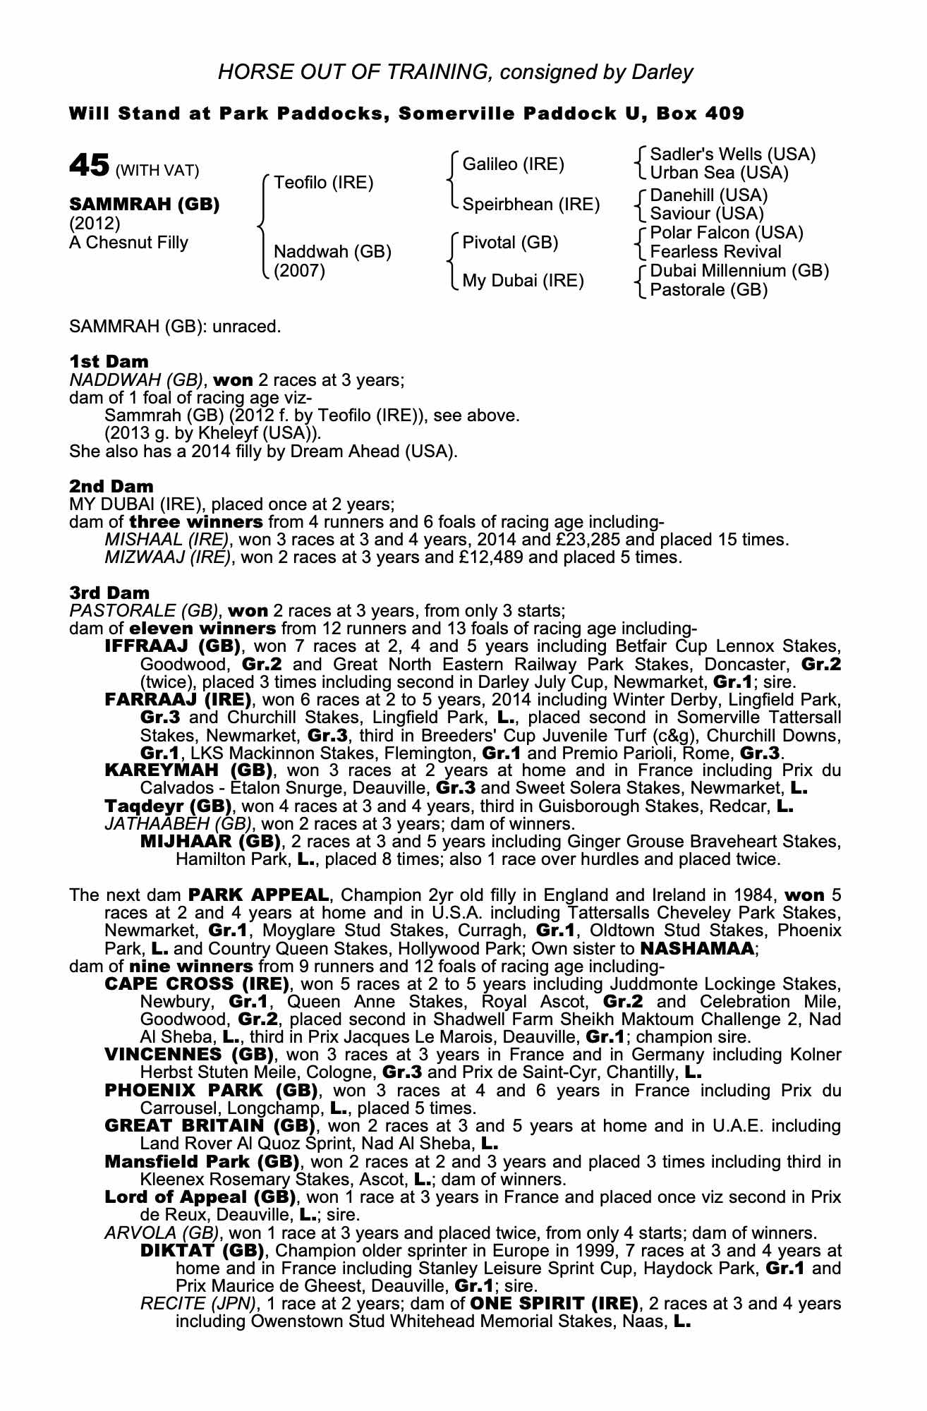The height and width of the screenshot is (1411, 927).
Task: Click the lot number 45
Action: [89, 166]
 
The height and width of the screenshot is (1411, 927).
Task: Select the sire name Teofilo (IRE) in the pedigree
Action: [323, 183]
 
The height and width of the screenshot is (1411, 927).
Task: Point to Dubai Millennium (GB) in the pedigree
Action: [739, 271]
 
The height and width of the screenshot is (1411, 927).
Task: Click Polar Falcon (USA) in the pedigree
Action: [727, 233]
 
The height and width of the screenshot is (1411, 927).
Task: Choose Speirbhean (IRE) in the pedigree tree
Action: [531, 205]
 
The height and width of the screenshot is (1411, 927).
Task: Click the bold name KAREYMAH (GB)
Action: [190, 770]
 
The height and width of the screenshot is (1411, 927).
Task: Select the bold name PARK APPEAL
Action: [259, 895]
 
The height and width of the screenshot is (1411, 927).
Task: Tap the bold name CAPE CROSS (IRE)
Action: [197, 983]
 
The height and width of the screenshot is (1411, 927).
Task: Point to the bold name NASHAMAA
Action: [698, 948]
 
